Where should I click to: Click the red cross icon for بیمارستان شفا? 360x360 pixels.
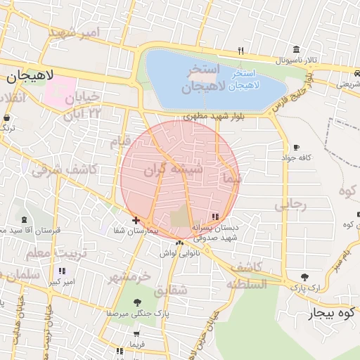pyautogui.click(x=136, y=220)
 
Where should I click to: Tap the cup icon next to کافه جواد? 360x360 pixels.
pyautogui.click(x=296, y=148)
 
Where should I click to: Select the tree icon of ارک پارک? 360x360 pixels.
pyautogui.click(x=304, y=277)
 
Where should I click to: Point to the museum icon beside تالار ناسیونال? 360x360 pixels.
pyautogui.click(x=296, y=50)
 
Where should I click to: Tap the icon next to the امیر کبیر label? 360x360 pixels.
pyautogui.click(x=63, y=271)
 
